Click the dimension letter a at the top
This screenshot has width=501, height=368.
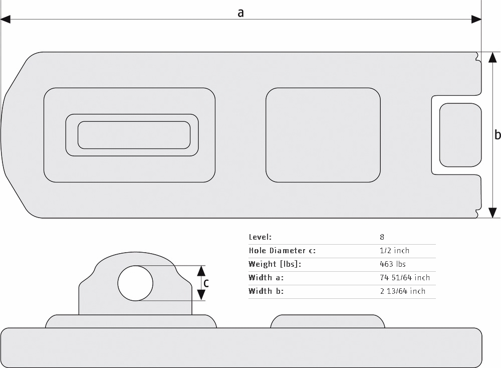240,13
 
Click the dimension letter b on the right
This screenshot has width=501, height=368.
497,134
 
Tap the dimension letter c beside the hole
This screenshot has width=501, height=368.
206,283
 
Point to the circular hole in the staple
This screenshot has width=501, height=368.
135,283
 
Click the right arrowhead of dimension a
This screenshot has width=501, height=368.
476,20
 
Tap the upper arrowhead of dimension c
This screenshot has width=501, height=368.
201,271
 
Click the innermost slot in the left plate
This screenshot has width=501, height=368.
134,135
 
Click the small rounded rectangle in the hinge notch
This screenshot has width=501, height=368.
460,135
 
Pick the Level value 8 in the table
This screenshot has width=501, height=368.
382,237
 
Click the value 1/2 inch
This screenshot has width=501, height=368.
394,250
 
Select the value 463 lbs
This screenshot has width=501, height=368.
393,264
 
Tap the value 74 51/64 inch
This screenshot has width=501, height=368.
405,277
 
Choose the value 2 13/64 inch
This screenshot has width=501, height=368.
403,291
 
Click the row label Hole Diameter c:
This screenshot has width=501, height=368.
282,250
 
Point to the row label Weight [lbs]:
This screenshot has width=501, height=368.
275,264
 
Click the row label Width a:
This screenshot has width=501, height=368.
266,277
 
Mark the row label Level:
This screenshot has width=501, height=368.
260,237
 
